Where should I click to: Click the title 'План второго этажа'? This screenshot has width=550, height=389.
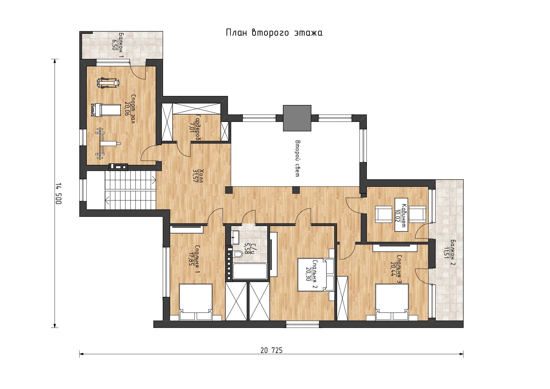coord(274,33)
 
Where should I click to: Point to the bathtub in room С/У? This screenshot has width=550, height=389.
coord(250,271)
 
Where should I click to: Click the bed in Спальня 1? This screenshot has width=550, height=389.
coord(196,302)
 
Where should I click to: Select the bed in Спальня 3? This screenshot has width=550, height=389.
coord(392,302)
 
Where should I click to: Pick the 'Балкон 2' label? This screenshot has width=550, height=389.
coord(453,252)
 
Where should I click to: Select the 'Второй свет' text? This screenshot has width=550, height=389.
coord(297,159)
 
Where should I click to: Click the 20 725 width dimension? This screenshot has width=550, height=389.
coord(272,350)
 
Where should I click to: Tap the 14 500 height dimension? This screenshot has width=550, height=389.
coord(58,194)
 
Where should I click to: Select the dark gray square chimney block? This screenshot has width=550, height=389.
coord(297,118)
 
